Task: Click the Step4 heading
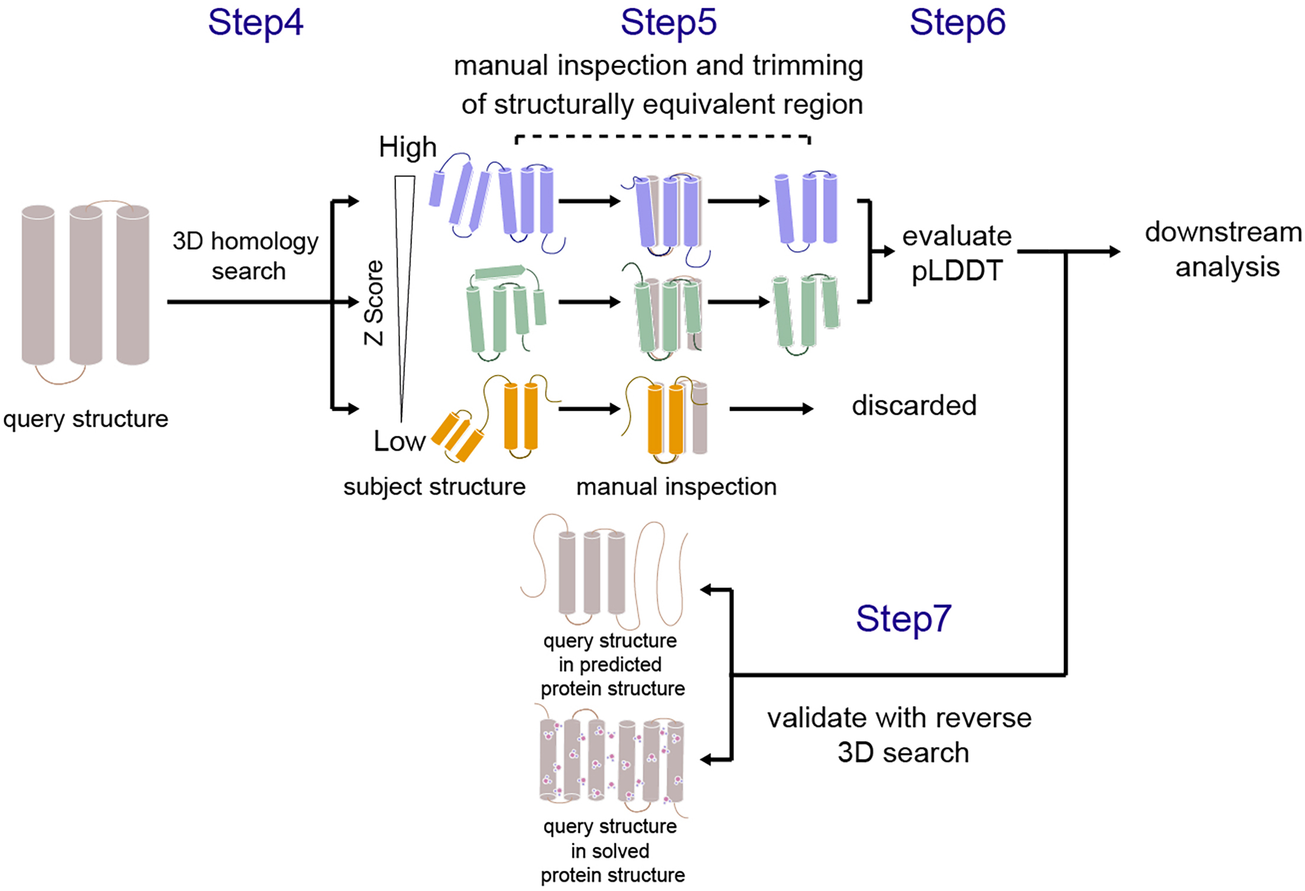[x=255, y=22]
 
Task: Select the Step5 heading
[x=668, y=22]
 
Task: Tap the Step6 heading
[x=957, y=22]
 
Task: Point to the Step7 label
[x=903, y=618]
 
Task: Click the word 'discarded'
[x=914, y=406]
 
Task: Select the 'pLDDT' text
[x=957, y=271]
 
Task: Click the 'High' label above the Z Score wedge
[x=407, y=147]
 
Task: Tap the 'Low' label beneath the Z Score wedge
[x=399, y=441]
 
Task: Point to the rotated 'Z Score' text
[x=374, y=303]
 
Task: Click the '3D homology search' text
[x=246, y=255]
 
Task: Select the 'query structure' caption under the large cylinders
[x=86, y=419]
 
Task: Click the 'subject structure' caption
[x=434, y=487]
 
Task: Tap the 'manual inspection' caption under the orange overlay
[x=676, y=487]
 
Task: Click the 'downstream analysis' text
[x=1223, y=250]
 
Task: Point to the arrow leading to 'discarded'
[x=771, y=409]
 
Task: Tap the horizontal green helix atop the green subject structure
[x=499, y=271]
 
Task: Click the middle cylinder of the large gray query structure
[x=86, y=285]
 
